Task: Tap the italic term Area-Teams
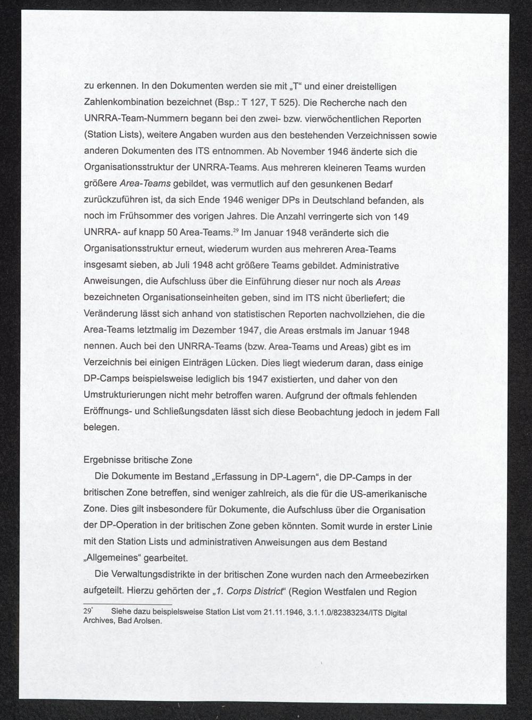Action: pos(145,184)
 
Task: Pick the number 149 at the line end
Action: pos(401,217)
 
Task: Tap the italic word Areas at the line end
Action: pos(388,282)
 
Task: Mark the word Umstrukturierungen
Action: pos(125,396)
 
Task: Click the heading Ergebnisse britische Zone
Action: pos(138,461)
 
